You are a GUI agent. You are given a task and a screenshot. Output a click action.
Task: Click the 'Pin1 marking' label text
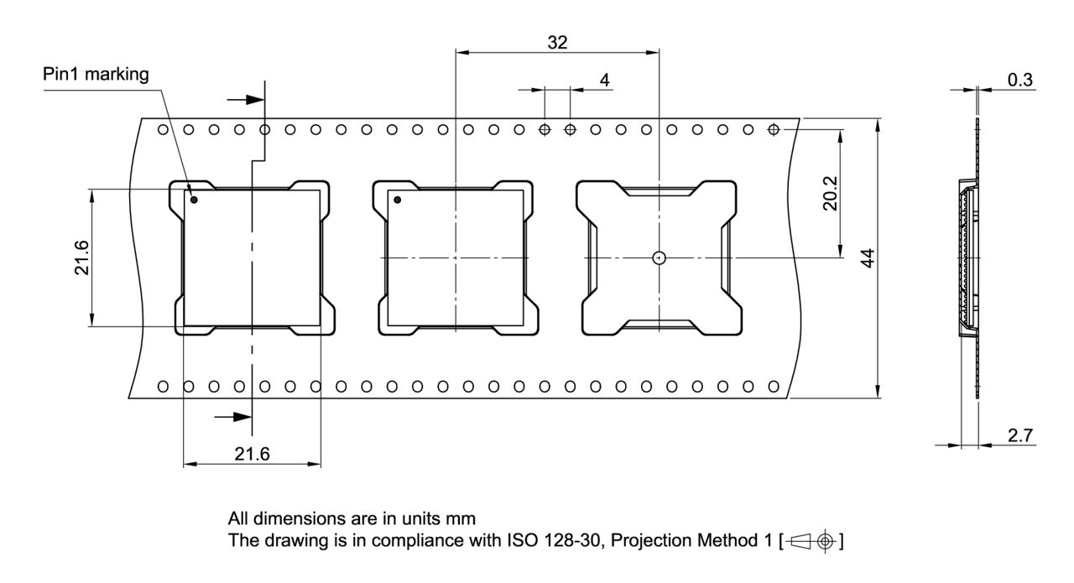(96, 75)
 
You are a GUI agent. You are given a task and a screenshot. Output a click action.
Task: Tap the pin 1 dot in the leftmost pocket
(194, 200)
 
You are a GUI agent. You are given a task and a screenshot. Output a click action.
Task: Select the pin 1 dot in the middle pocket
(397, 200)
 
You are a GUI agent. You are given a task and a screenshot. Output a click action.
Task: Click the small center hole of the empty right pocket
(660, 258)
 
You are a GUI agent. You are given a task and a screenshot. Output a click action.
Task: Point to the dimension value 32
(557, 43)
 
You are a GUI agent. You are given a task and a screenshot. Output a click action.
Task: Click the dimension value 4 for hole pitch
(604, 80)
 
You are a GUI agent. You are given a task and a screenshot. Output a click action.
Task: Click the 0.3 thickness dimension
(1019, 80)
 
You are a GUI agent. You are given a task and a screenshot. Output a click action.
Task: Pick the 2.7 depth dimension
(1019, 435)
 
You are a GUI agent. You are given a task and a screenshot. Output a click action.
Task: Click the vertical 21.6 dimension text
(81, 258)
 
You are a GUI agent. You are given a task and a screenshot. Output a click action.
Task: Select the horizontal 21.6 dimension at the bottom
(252, 455)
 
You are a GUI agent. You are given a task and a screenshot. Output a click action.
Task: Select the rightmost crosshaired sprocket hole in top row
(774, 129)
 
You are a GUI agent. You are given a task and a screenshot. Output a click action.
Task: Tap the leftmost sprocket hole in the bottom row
(163, 386)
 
